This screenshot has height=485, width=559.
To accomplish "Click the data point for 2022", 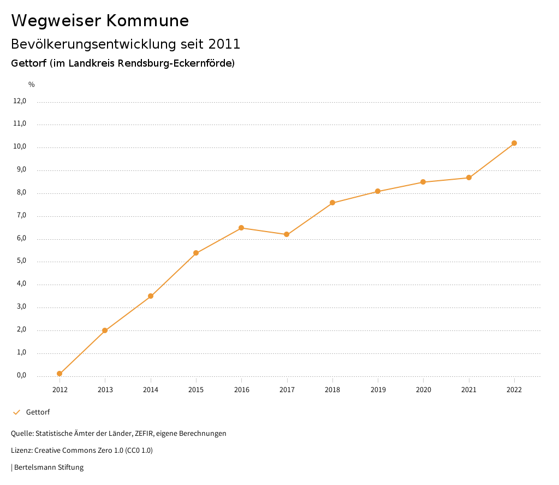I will pos(514,143).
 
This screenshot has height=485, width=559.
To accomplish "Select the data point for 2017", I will pos(287,234).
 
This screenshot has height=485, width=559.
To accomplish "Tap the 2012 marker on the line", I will pos(60,374).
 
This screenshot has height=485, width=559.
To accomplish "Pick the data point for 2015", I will pos(196,253).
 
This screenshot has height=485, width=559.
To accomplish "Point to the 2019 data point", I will pos(378,191).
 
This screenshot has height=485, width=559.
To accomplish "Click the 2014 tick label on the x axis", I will pos(151,389).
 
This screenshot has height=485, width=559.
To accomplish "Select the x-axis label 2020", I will pos(423,389).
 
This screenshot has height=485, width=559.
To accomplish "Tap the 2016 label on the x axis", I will pos(241,389).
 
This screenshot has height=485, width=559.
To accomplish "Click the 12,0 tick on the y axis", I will pos(20,101).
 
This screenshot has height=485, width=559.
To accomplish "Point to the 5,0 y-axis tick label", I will pos(21,261).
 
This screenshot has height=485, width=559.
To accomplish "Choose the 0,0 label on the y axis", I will pos(21,375).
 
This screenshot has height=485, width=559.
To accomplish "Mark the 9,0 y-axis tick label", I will pos(21,170).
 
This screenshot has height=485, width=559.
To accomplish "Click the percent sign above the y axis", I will pos(32,84).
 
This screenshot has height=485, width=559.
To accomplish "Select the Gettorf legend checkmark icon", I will pos(16,412).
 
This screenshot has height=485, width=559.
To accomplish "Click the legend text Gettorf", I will pos(38,412).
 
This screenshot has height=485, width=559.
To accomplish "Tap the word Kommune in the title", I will pos(147,21).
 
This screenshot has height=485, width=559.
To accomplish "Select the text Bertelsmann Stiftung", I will pos(49,468).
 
